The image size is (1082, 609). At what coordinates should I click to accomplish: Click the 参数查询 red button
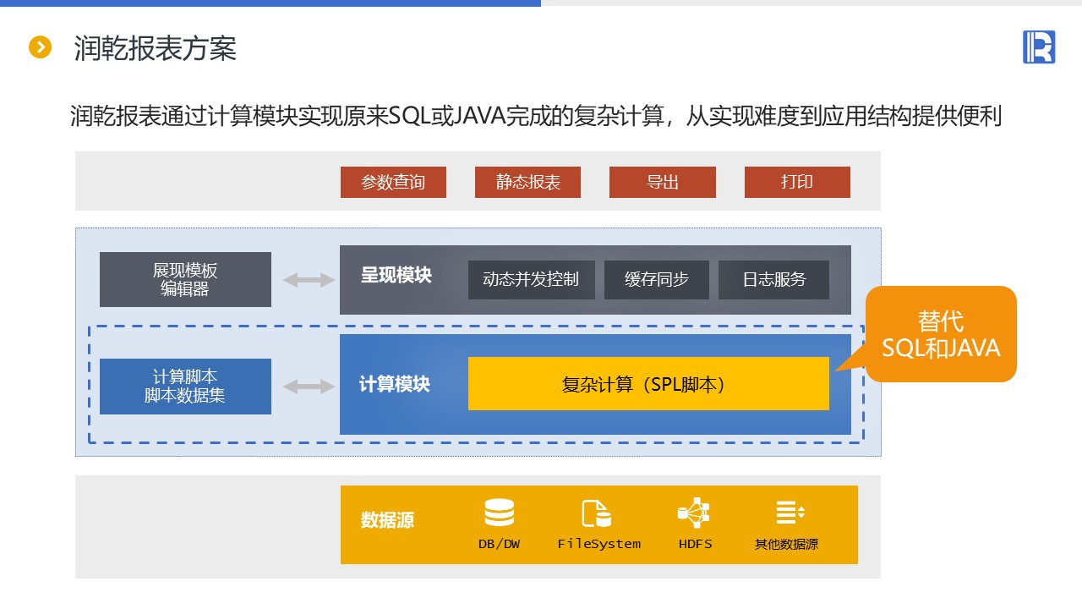pyautogui.click(x=393, y=182)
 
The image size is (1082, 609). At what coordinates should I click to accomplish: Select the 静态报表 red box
pyautogui.click(x=527, y=182)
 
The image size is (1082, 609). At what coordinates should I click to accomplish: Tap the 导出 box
pyautogui.click(x=662, y=182)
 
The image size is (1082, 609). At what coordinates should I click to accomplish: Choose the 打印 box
pyautogui.click(x=797, y=182)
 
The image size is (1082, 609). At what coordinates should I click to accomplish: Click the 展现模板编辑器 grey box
pyautogui.click(x=185, y=279)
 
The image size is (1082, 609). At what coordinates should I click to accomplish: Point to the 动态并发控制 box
pyautogui.click(x=531, y=279)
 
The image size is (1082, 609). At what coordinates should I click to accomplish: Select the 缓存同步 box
pyautogui.click(x=656, y=279)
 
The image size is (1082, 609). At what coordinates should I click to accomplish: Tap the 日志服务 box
pyautogui.click(x=773, y=279)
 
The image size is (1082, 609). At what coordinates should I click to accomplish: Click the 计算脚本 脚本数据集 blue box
pyautogui.click(x=185, y=386)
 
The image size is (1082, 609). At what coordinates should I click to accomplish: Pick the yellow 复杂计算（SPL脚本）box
pyautogui.click(x=648, y=384)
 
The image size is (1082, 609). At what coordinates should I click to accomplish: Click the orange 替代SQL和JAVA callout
pyautogui.click(x=941, y=334)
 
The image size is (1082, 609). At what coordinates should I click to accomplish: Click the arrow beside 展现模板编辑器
pyautogui.click(x=309, y=280)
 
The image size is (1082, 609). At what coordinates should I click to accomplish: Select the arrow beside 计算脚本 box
pyautogui.click(x=309, y=387)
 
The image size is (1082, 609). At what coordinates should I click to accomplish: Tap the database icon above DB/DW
pyautogui.click(x=499, y=513)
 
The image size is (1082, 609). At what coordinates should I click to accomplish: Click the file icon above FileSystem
pyautogui.click(x=596, y=513)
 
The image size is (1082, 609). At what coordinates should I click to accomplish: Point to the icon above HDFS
pyautogui.click(x=694, y=513)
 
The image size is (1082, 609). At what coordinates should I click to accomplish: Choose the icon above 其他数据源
pyautogui.click(x=790, y=512)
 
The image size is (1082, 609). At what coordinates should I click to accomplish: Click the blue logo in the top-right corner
pyautogui.click(x=1039, y=47)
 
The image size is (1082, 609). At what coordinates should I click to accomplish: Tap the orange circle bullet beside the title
pyautogui.click(x=40, y=47)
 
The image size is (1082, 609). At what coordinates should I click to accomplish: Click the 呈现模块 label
pyautogui.click(x=396, y=276)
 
